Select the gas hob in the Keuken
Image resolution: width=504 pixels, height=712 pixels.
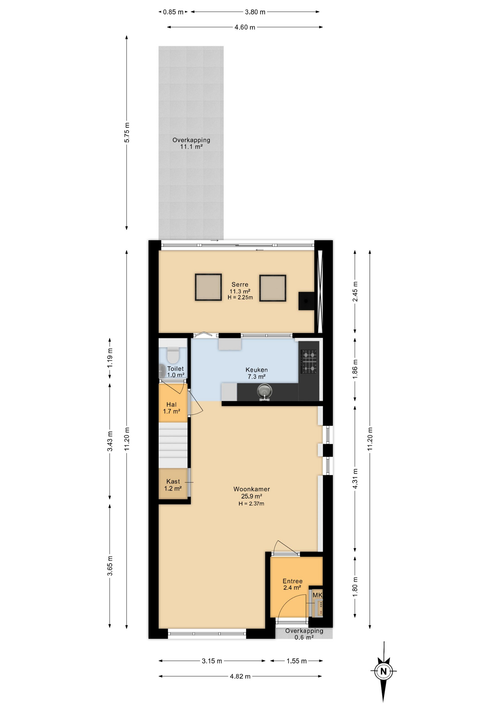pyautogui.click(x=309, y=361)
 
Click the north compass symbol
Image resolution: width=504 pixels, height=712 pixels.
pyautogui.click(x=383, y=671)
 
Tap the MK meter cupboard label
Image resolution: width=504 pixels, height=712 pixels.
pyautogui.click(x=317, y=595)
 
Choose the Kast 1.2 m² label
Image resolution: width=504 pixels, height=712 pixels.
pyautogui.click(x=173, y=485)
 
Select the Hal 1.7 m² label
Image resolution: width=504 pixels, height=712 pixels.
pyautogui.click(x=171, y=408)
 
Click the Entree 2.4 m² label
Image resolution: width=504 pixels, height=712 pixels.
pyautogui.click(x=292, y=584)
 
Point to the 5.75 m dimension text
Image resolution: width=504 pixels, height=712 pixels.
pyautogui.click(x=127, y=132)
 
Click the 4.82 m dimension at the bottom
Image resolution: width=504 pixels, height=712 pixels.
pyautogui.click(x=240, y=676)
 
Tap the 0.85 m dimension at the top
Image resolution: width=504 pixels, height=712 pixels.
pyautogui.click(x=173, y=12)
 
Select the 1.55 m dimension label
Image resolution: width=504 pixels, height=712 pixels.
pyautogui.click(x=297, y=661)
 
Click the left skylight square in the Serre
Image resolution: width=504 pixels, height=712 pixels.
pyautogui.click(x=208, y=287)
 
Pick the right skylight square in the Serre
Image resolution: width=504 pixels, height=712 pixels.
pyautogui.click(x=273, y=288)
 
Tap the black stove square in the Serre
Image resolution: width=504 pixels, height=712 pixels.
pyautogui.click(x=307, y=301)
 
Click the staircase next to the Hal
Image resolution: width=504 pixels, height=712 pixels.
pyautogui.click(x=173, y=445)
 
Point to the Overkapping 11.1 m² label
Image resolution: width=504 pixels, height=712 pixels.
pyautogui.click(x=191, y=143)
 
